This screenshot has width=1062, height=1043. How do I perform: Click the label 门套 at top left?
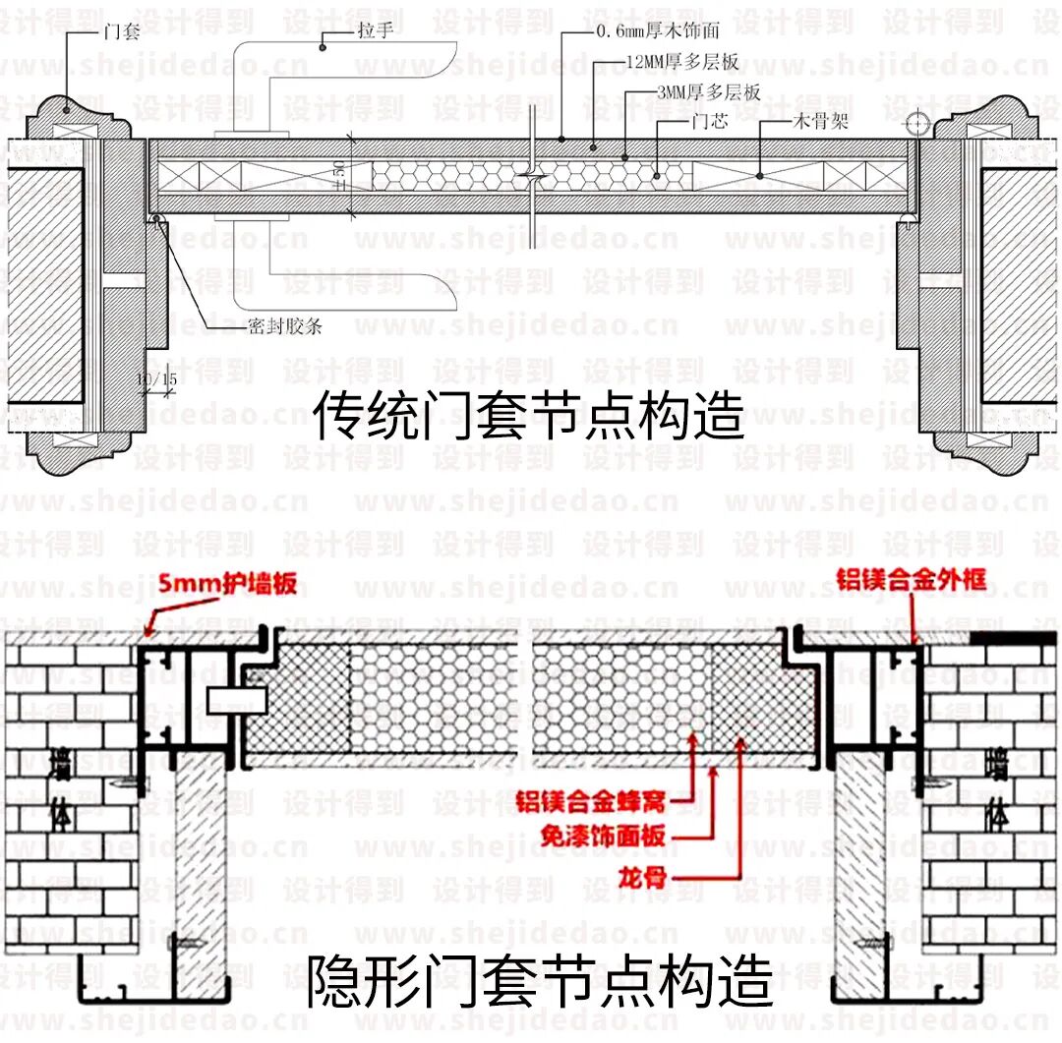(x=122, y=31)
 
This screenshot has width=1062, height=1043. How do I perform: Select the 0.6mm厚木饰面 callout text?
(x=658, y=31)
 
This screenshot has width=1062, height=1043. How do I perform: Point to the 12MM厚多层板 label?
(x=681, y=62)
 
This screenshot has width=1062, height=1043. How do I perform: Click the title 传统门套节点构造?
(x=529, y=416)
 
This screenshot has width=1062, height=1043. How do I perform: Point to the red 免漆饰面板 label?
(x=603, y=836)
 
